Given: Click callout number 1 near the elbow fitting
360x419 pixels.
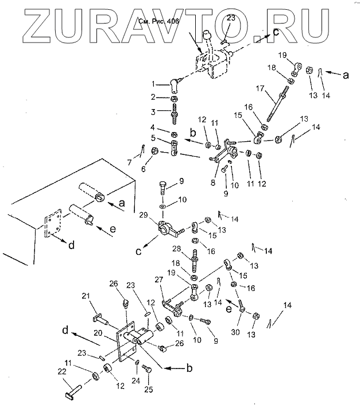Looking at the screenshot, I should click(153, 83).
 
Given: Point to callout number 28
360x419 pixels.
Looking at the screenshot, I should click(177, 249).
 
